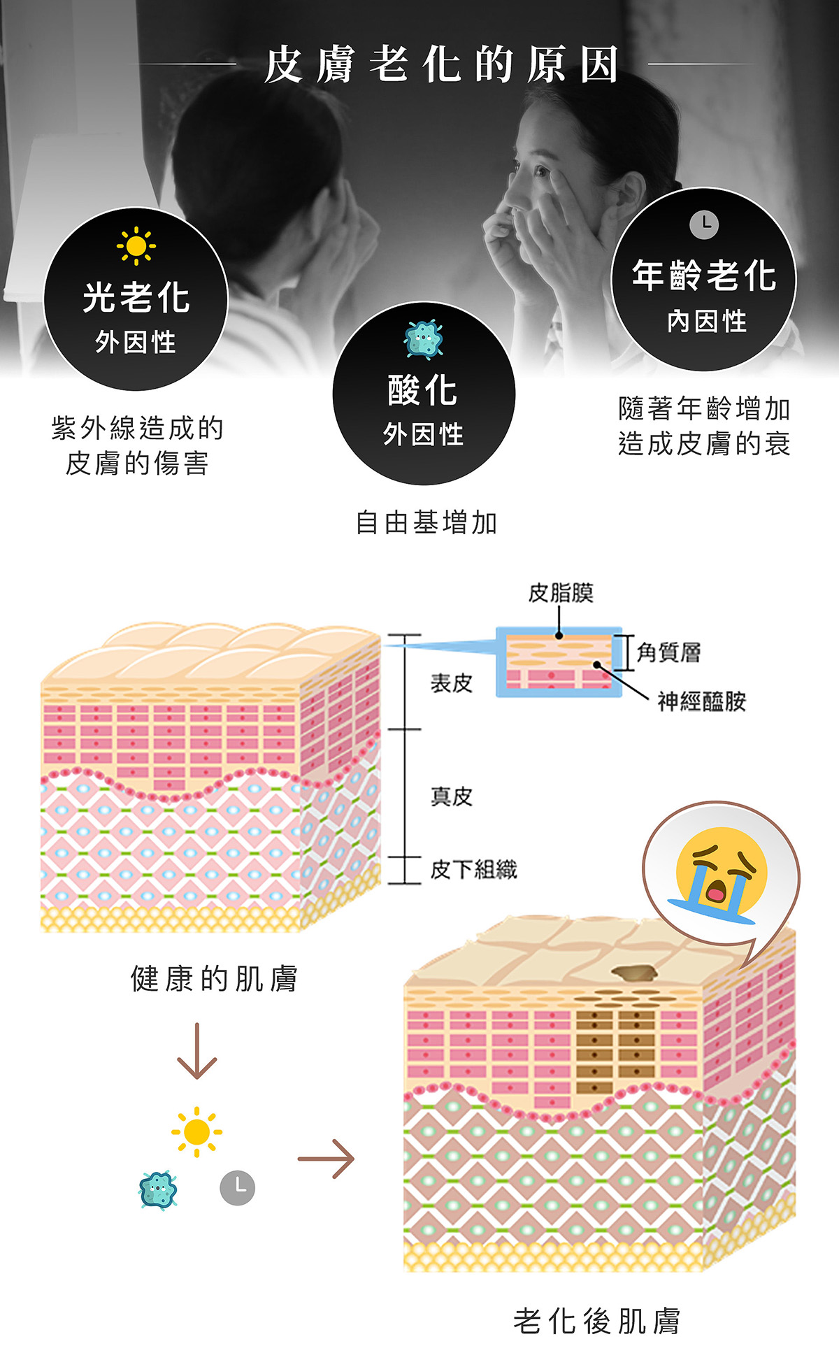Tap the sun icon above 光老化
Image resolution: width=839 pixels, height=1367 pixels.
click(x=136, y=246)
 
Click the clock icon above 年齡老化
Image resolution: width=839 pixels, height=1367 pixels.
click(x=704, y=224)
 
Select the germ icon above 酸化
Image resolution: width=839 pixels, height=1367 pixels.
click(x=424, y=340)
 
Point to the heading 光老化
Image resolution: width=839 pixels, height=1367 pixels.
click(x=136, y=298)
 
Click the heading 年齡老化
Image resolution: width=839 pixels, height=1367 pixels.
click(x=704, y=275)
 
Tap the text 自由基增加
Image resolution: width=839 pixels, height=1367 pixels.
click(x=426, y=522)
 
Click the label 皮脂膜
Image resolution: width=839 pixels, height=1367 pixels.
click(x=561, y=593)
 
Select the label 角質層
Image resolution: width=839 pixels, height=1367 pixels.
click(x=669, y=652)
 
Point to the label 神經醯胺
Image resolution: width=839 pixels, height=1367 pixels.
click(x=702, y=701)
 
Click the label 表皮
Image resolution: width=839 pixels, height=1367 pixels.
click(x=452, y=683)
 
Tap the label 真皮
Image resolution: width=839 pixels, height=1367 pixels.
click(x=452, y=796)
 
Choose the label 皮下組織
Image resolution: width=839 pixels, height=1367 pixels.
click(x=474, y=870)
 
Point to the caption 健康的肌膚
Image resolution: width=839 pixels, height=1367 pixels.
click(x=214, y=979)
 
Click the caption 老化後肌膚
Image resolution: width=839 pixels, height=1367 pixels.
click(x=596, y=1322)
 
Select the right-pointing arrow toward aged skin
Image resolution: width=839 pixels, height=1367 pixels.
click(x=326, y=1159)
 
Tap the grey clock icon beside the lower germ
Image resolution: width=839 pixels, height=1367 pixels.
click(x=238, y=1187)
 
